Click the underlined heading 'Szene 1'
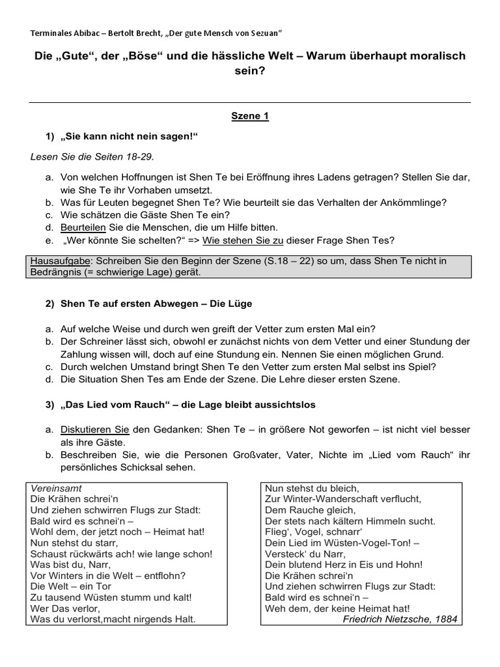(x=250, y=117)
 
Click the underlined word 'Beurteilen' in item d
(x=83, y=227)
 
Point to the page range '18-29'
(x=137, y=156)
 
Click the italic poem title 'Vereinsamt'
(x=56, y=488)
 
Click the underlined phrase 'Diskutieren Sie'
(x=95, y=429)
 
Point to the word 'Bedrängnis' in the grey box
(x=56, y=272)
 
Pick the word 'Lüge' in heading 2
(x=241, y=304)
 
